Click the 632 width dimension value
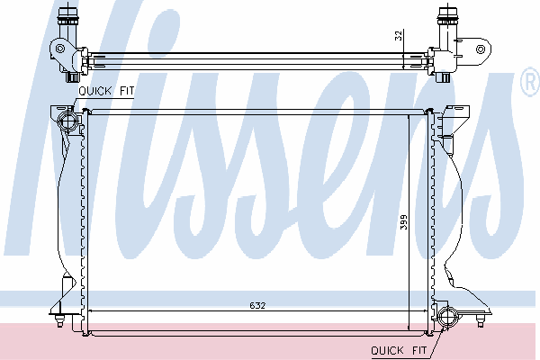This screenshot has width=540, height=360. [x=257, y=306]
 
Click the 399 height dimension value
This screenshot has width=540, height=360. [x=403, y=222]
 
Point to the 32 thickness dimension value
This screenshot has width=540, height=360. [x=398, y=36]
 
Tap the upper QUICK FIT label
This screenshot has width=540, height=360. [x=106, y=91]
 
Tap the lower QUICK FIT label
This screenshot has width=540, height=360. [x=399, y=350]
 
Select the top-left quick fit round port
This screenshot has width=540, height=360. [x=67, y=121]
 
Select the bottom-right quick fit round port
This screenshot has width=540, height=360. [x=447, y=317]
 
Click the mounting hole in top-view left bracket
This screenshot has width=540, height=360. [x=60, y=49]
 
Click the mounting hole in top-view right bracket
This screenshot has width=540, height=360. [x=481, y=49]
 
